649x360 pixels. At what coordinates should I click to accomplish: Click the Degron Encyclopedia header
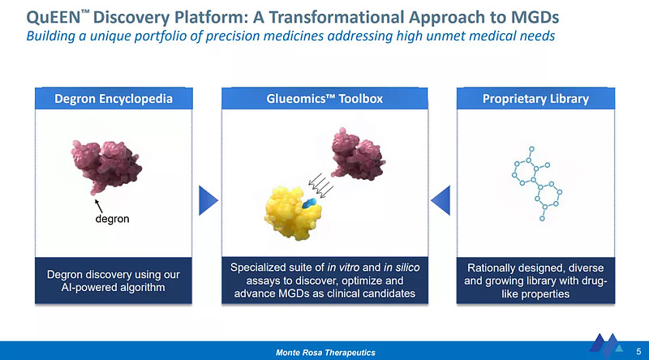point(113,99)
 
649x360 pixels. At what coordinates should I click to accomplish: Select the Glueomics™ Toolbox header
point(324,99)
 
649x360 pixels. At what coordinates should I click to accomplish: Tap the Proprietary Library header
point(535,99)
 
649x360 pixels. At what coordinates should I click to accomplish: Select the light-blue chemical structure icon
point(536,182)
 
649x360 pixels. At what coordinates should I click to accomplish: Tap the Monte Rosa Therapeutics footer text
point(324,351)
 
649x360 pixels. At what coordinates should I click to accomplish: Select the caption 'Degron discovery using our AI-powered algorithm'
point(113,281)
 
